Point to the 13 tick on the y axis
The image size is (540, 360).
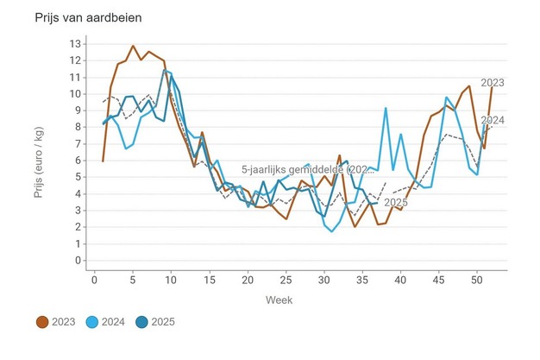[77, 43]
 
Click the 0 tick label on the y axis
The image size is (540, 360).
[77, 260]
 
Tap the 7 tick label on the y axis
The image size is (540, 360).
[77, 143]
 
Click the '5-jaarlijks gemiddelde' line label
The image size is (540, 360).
[307, 169]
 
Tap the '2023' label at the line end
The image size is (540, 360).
[493, 83]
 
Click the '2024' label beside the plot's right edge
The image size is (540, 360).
[493, 120]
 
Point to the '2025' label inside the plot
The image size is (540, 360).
[395, 203]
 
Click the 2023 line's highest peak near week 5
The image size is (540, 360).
[133, 46]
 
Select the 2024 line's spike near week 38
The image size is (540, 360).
[386, 108]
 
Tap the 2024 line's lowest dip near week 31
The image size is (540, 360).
[332, 231]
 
